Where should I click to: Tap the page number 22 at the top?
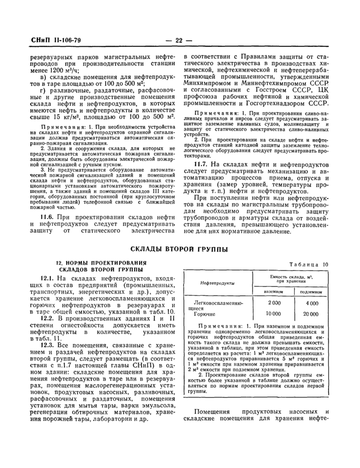coord(179,40)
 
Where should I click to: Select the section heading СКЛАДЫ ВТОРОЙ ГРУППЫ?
coord(179,249)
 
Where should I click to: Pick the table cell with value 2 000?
coord(274,303)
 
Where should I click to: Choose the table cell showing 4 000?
coord(311,303)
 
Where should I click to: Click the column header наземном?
coord(274,292)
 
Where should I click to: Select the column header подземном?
coord(311,292)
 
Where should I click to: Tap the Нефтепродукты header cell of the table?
coord(218,283)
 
